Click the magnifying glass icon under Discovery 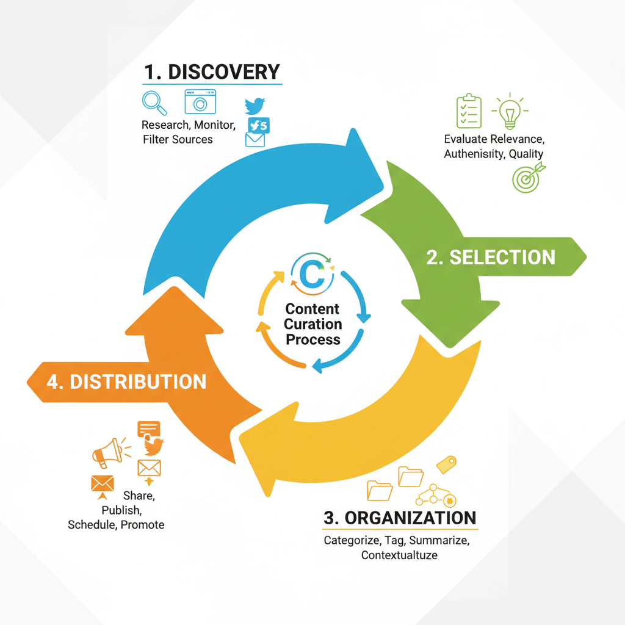tap(153, 103)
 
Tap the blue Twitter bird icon tap(255, 105)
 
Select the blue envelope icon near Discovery tap(255, 139)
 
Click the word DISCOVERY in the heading tap(223, 71)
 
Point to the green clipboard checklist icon tap(469, 111)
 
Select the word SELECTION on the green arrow tap(502, 257)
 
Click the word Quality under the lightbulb tap(526, 154)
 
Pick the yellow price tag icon tap(447, 464)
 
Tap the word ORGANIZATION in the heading tap(410, 518)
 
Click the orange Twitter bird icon tap(154, 446)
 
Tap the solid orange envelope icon tap(102, 483)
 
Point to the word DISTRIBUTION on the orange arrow tap(137, 381)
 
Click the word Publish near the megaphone tap(122, 509)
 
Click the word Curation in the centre tap(312, 324)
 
